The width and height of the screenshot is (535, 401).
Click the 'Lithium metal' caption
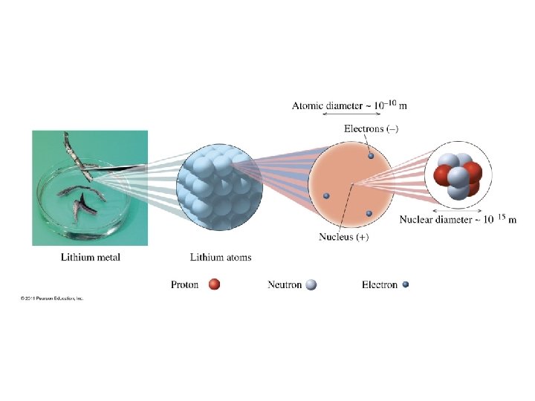(x=90, y=258)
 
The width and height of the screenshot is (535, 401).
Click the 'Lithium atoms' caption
(x=221, y=258)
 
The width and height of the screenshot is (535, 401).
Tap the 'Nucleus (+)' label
(x=344, y=238)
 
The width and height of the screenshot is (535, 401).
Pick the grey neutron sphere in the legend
(x=311, y=284)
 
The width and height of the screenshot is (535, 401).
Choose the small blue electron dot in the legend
(x=405, y=284)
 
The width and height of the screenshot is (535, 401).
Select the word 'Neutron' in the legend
(x=285, y=284)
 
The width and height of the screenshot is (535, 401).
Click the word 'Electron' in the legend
(x=379, y=284)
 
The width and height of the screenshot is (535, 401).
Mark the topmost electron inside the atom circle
(x=371, y=156)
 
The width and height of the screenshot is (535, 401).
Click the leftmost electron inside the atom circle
(x=325, y=195)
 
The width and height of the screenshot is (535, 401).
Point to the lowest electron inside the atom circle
(x=368, y=214)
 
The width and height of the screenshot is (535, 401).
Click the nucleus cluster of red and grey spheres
(x=458, y=176)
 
